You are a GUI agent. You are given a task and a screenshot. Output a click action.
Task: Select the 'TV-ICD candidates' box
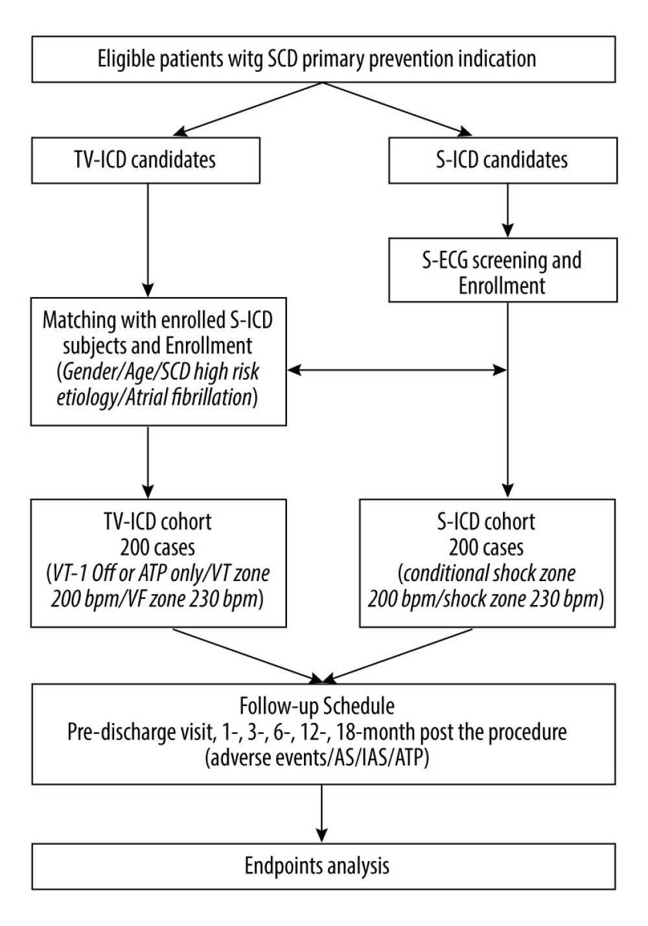tap(145, 160)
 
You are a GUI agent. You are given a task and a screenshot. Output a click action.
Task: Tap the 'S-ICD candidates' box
tap(502, 160)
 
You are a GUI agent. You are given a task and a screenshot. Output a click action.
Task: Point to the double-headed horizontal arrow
tap(397, 370)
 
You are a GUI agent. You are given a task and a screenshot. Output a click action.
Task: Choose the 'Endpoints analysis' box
tap(318, 866)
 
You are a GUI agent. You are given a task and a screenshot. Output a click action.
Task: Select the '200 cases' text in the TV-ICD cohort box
tap(158, 547)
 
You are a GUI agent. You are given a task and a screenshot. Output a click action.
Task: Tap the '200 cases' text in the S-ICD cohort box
tap(487, 547)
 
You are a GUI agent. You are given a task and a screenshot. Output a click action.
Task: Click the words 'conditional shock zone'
tap(488, 573)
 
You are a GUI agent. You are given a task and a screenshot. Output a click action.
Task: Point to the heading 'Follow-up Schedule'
tap(317, 706)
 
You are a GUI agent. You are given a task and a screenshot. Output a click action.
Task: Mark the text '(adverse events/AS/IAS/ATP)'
tap(317, 758)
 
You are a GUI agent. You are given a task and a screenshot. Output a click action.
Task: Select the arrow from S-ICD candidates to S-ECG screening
tap(508, 210)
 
